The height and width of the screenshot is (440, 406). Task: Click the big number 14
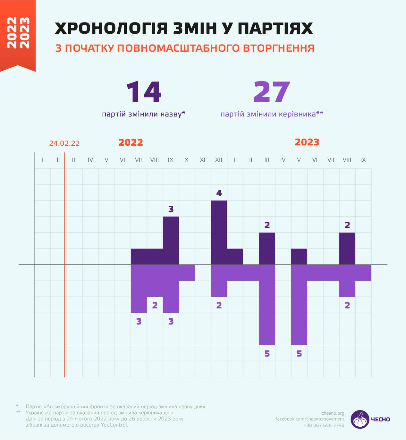tap(144, 92)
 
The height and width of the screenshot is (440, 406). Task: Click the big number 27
tap(272, 92)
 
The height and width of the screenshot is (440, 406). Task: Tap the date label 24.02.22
tap(64, 143)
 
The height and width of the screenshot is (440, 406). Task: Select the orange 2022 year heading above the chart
tap(131, 142)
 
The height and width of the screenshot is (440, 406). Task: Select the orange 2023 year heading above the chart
tap(307, 142)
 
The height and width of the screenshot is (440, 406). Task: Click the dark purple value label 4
tap(219, 193)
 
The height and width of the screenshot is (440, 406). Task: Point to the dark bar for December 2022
tap(219, 232)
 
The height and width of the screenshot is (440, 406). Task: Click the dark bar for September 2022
tap(171, 240)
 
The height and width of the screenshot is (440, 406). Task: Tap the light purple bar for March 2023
tap(267, 305)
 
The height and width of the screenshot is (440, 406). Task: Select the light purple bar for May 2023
tap(299, 305)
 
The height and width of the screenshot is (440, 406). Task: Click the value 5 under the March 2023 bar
tap(267, 353)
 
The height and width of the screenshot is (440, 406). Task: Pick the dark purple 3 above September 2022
tap(171, 209)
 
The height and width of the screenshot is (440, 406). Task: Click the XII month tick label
tap(219, 160)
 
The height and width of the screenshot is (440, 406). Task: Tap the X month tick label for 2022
tap(187, 160)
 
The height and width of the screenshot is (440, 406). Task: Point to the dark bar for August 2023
tap(347, 248)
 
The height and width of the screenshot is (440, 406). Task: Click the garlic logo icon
tap(360, 419)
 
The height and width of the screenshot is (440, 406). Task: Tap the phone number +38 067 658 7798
tap(324, 425)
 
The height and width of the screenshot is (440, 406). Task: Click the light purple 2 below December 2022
tap(219, 305)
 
